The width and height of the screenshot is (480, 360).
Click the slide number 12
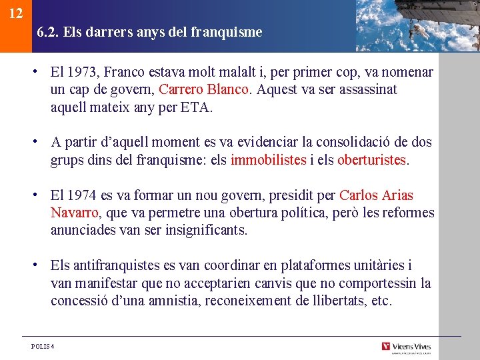coord(17,14)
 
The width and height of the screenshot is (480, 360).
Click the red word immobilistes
coord(269,160)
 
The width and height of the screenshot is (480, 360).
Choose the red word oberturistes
coord(371,160)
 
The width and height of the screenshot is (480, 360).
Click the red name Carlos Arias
coord(376,196)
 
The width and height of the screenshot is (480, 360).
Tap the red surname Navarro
coord(75,213)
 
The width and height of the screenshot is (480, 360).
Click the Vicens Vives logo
coord(407,347)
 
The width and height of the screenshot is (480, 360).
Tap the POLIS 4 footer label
coord(43,347)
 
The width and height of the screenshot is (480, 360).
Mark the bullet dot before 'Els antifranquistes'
coord(41,265)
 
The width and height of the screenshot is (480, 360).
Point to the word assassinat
coord(368,89)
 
